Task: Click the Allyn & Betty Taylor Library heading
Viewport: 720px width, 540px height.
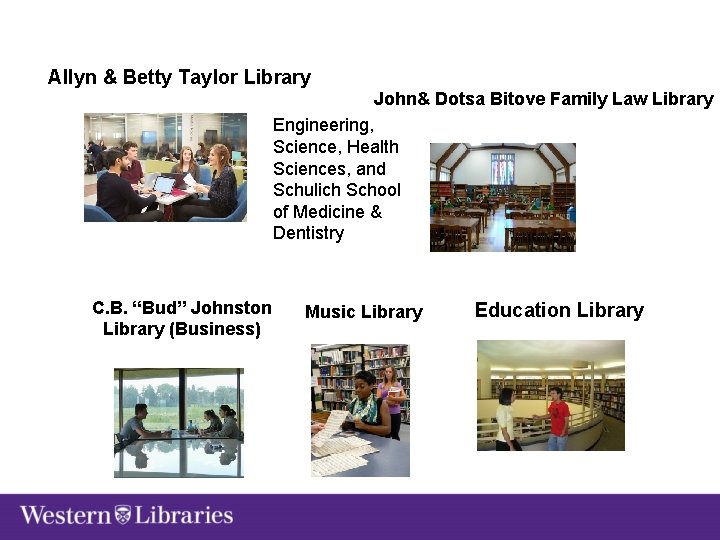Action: pyautogui.click(x=179, y=77)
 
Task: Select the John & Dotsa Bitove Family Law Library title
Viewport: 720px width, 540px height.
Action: pyautogui.click(x=543, y=99)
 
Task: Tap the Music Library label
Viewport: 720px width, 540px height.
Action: pyautogui.click(x=363, y=312)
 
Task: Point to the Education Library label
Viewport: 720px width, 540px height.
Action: pyautogui.click(x=559, y=310)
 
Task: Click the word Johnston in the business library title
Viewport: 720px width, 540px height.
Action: pyautogui.click(x=231, y=308)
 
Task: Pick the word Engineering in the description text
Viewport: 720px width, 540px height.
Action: pyautogui.click(x=322, y=125)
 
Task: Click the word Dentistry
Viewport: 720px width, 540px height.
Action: pyautogui.click(x=308, y=233)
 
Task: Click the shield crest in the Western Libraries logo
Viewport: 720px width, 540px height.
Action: pyautogui.click(x=123, y=516)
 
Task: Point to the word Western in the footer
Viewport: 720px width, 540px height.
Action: pyautogui.click(x=65, y=516)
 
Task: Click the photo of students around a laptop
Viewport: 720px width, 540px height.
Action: pyautogui.click(x=165, y=167)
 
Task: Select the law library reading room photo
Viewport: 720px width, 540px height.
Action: pyautogui.click(x=502, y=196)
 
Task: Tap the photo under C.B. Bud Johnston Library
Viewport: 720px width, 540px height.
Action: pyautogui.click(x=178, y=422)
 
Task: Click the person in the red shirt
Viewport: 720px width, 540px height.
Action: pyautogui.click(x=558, y=419)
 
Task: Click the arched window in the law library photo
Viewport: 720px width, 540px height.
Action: pyautogui.click(x=502, y=166)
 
